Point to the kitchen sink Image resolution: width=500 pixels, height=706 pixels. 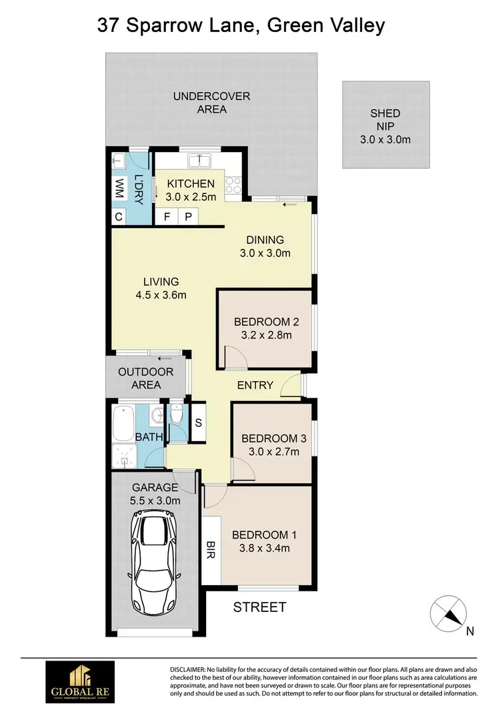coord(199,161)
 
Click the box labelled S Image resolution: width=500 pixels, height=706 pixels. coord(198,422)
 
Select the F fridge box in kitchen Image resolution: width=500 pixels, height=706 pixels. coord(166,217)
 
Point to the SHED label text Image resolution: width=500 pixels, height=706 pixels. coord(385,114)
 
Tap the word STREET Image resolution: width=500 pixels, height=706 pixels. coord(259,607)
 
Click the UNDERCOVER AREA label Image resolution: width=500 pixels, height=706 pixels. coord(211,102)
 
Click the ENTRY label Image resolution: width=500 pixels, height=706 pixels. coord(255,385)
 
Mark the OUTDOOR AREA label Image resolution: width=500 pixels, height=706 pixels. coord(146,378)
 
